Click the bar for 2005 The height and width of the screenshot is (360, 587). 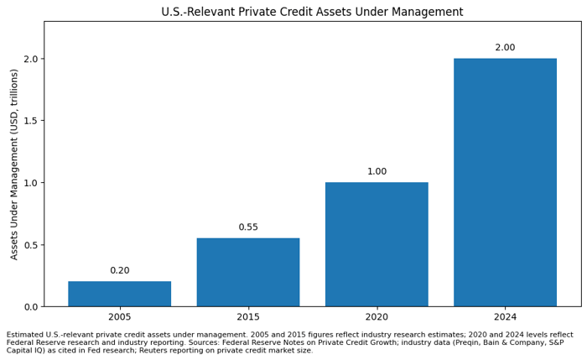coord(119,294)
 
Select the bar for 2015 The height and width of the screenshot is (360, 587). coord(248,272)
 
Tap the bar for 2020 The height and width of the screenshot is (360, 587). coord(377,244)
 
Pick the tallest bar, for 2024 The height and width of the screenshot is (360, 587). coord(505,182)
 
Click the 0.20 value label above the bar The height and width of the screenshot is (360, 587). coord(119,270)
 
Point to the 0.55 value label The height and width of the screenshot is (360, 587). coord(248,227)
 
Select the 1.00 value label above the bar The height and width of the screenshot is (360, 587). coord(377,171)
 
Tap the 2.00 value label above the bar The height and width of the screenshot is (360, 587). coord(505,48)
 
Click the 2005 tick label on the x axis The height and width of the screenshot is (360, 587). coord(119,317)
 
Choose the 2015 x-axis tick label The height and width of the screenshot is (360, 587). coord(248,317)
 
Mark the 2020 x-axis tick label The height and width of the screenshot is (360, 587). coord(377,317)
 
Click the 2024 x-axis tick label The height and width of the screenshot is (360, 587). coord(505,317)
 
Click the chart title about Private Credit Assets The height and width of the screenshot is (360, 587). coord(312,12)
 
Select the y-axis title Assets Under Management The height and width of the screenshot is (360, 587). coord(14,164)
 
